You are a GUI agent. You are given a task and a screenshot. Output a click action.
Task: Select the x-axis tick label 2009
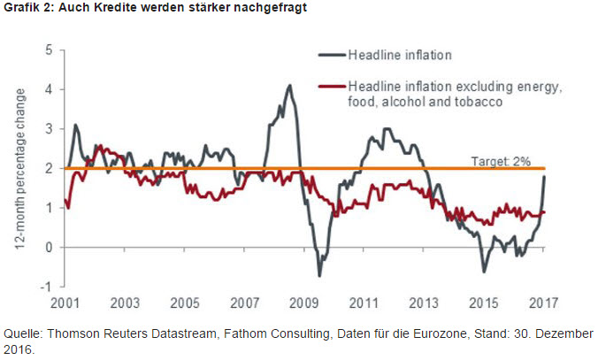coord(304,303)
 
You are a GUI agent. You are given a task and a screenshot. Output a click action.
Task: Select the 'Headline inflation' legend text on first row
coord(400,55)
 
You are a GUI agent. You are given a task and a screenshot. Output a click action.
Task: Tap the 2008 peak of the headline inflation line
coord(289,86)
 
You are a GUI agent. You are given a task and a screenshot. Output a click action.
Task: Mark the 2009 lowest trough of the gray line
coord(319,275)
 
